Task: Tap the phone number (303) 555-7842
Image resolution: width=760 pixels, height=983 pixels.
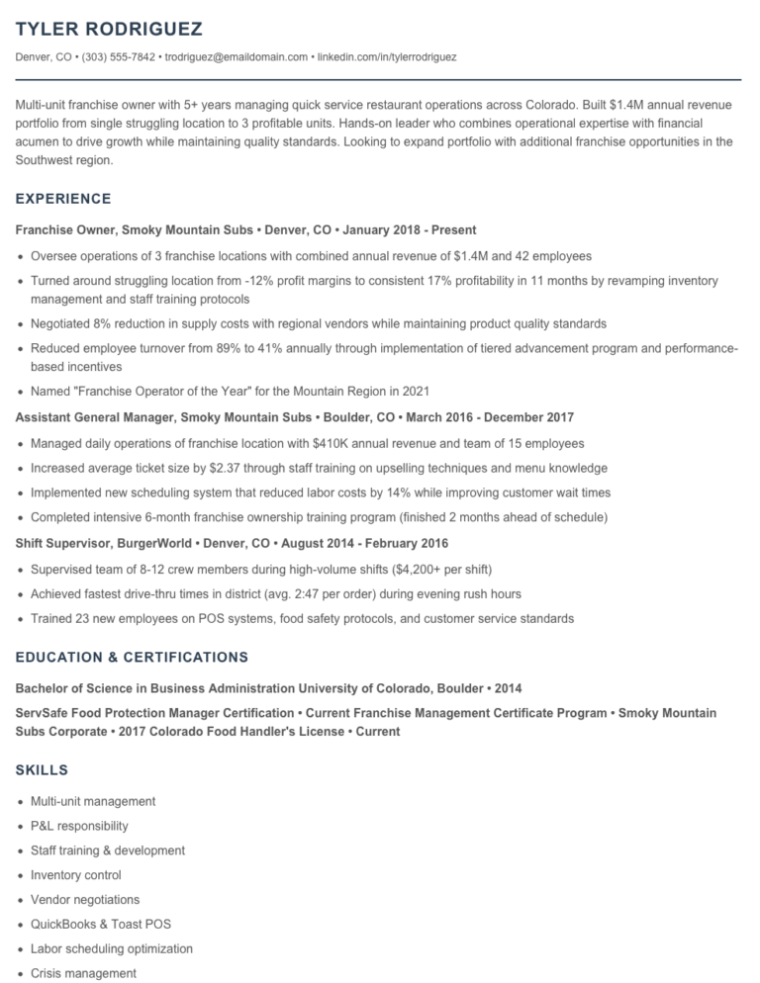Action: pyautogui.click(x=118, y=57)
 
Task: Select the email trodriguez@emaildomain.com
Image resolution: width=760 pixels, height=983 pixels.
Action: pyautogui.click(x=237, y=57)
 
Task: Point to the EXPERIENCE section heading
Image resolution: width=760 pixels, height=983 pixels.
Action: pyautogui.click(x=63, y=199)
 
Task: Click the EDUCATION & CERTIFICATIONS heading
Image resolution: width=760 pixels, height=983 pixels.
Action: pyautogui.click(x=132, y=657)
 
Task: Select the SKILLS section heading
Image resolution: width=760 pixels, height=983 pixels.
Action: pyautogui.click(x=42, y=768)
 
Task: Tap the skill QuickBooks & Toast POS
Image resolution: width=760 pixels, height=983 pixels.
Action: pyautogui.click(x=101, y=924)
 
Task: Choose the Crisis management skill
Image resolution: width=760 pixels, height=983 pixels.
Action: pyautogui.click(x=83, y=973)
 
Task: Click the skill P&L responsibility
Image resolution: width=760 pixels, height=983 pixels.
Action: pyautogui.click(x=79, y=826)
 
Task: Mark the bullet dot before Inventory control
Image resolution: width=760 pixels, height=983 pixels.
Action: pyautogui.click(x=21, y=876)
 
